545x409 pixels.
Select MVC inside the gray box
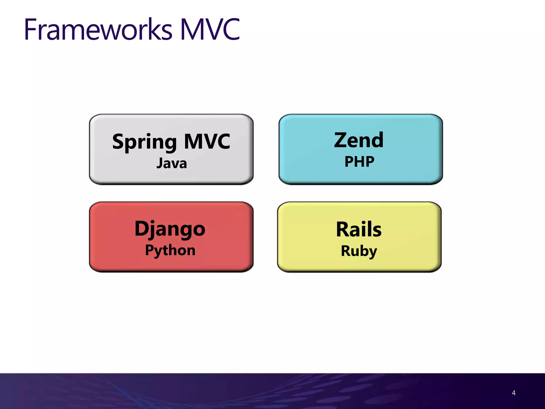207,141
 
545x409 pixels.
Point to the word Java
172,163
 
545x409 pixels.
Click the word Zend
359,140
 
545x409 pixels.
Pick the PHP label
359,161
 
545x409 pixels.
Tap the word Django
170,229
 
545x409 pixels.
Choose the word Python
170,250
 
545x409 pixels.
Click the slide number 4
514,393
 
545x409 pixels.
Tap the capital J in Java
160,163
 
